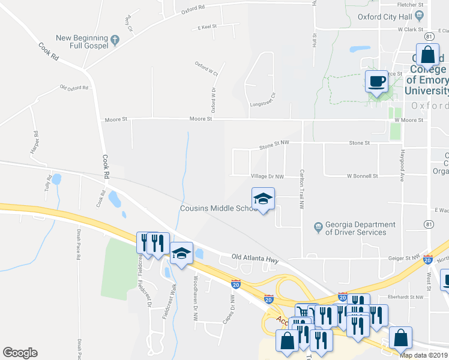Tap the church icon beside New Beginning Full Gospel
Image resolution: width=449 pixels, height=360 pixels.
pyautogui.click(x=115, y=41)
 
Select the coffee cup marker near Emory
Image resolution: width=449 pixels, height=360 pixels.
pyautogui.click(x=376, y=82)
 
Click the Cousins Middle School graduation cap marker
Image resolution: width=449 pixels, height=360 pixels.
pyautogui.click(x=262, y=199)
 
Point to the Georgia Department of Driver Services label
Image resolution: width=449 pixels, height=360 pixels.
pyautogui.click(x=360, y=228)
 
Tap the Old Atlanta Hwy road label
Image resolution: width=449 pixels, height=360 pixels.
pyautogui.click(x=256, y=259)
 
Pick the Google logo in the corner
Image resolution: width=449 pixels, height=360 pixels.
pyautogui.click(x=20, y=353)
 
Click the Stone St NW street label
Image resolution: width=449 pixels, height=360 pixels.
pyautogui.click(x=274, y=143)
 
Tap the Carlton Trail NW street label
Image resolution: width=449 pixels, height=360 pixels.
pyautogui.click(x=301, y=187)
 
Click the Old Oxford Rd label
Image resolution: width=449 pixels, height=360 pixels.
pyautogui.click(x=74, y=88)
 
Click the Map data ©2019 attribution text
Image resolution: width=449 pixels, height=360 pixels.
pyautogui.click(x=423, y=355)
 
